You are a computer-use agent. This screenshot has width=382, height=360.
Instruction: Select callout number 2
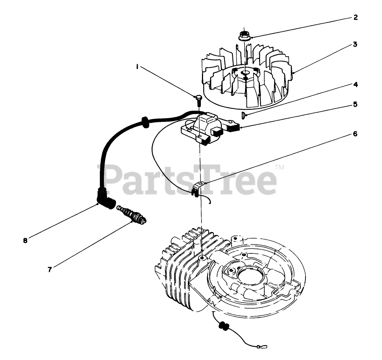tap(355, 17)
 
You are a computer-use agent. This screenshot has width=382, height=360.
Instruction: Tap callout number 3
tap(355, 45)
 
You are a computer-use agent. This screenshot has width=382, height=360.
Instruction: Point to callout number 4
tap(355, 85)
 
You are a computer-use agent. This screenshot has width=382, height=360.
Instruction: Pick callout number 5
tap(355, 105)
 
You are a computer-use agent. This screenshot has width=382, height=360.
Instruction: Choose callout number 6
tap(355, 133)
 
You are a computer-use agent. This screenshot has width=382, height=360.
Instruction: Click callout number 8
tap(25, 240)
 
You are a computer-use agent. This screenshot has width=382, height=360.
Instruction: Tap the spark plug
tap(133, 215)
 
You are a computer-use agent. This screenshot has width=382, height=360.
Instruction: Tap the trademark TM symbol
tap(280, 168)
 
